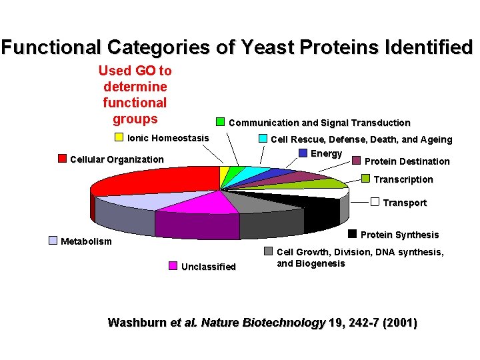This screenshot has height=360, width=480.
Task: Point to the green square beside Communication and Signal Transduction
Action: coord(221,122)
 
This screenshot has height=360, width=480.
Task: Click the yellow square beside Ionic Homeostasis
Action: coord(119,138)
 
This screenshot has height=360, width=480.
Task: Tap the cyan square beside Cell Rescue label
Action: coord(263,139)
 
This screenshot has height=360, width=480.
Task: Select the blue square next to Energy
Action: coord(303,153)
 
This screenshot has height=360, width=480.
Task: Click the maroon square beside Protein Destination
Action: coord(357,161)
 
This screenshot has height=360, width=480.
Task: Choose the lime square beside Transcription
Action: coord(366,179)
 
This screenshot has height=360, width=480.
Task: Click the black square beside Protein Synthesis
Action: coord(353,234)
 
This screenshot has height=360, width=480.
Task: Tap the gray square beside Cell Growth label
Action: coord(268,251)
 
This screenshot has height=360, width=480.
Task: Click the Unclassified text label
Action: coord(209,267)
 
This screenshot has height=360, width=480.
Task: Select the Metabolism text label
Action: coord(86,241)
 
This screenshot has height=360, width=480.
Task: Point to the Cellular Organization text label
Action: coord(117,159)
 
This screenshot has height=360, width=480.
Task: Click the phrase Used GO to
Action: coord(135,71)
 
